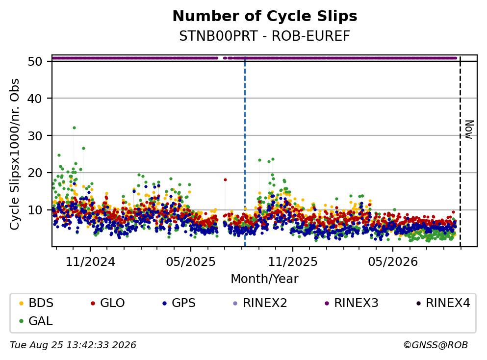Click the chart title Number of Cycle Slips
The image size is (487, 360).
pyautogui.click(x=265, y=16)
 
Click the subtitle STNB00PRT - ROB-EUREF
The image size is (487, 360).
pyautogui.click(x=265, y=36)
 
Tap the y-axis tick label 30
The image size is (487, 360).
pyautogui.click(x=35, y=136)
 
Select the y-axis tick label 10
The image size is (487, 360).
pyautogui.click(x=35, y=210)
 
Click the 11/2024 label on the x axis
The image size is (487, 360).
pyautogui.click(x=90, y=262)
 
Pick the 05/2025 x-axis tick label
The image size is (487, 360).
pyautogui.click(x=191, y=262)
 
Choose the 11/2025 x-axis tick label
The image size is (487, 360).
pyautogui.click(x=293, y=262)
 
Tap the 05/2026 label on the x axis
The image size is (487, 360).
pyautogui.click(x=393, y=262)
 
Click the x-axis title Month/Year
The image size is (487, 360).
pyautogui.click(x=265, y=279)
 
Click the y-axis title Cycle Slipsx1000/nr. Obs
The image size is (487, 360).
pyautogui.click(x=15, y=154)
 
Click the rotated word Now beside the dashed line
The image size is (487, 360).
pyautogui.click(x=469, y=129)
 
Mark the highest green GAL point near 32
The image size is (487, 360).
pyautogui.click(x=74, y=128)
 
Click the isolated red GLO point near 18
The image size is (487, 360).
pyautogui.click(x=225, y=180)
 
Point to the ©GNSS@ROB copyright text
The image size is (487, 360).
pyautogui.click(x=436, y=345)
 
